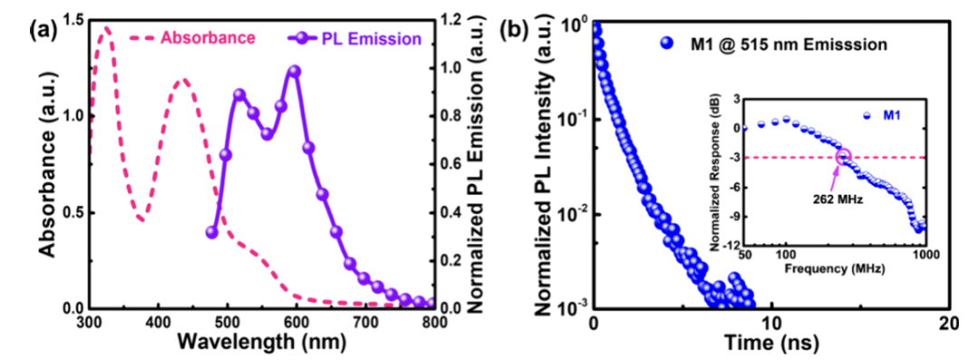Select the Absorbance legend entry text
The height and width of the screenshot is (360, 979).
click(x=208, y=38)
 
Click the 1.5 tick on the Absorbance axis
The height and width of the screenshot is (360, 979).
click(x=73, y=21)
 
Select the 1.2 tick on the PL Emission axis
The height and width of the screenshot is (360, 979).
click(x=451, y=21)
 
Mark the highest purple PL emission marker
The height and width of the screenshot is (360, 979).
click(x=295, y=71)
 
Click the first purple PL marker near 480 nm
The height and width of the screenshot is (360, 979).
click(x=211, y=232)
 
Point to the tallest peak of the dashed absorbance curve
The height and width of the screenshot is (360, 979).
click(x=106, y=27)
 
